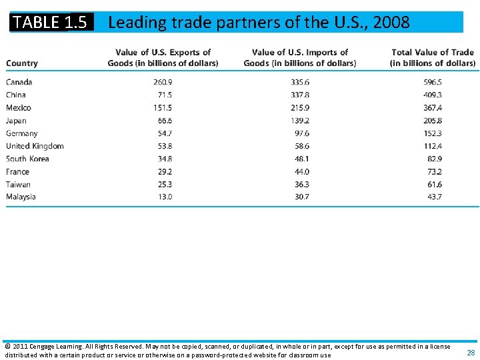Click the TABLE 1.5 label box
pyautogui.click(x=51, y=22)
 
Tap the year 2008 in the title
pyautogui.click(x=391, y=23)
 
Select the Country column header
pyautogui.click(x=22, y=63)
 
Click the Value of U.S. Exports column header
pyautogui.click(x=163, y=57)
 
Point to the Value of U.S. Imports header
pyautogui.click(x=300, y=57)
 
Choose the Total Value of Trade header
pyautogui.click(x=433, y=57)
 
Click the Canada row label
pyautogui.click(x=19, y=82)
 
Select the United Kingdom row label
pyautogui.click(x=35, y=146)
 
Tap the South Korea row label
pyautogui.click(x=27, y=159)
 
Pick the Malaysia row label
pyautogui.click(x=21, y=197)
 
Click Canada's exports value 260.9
pyautogui.click(x=162, y=82)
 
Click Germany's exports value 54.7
pyautogui.click(x=164, y=133)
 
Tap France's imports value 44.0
pyautogui.click(x=301, y=171)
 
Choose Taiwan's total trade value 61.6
pyautogui.click(x=434, y=184)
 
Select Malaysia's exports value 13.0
pyautogui.click(x=164, y=197)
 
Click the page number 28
pyautogui.click(x=471, y=353)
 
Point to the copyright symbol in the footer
pyautogui.click(x=7, y=347)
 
